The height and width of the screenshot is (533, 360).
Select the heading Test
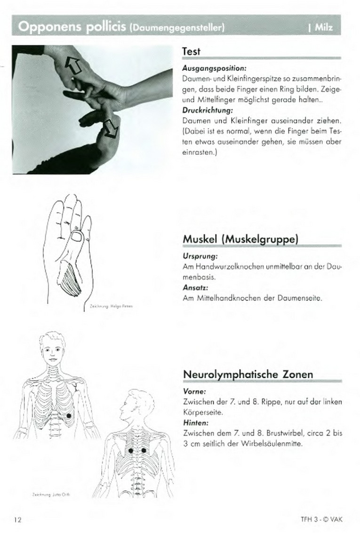(191, 51)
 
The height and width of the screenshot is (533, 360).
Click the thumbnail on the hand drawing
(76, 236)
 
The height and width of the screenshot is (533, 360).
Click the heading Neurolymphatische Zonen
(248, 374)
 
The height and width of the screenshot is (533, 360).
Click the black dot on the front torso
(70, 415)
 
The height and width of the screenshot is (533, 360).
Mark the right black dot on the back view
(144, 451)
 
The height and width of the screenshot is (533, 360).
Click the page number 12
(18, 519)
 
